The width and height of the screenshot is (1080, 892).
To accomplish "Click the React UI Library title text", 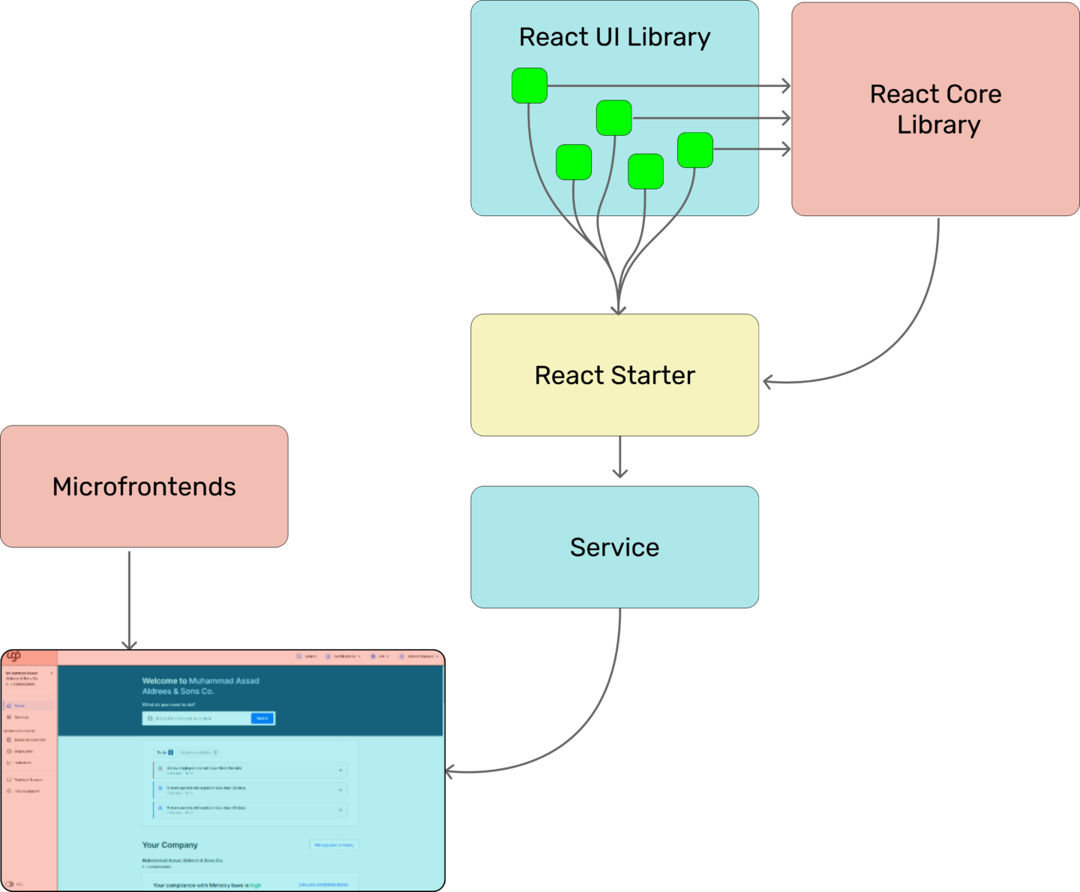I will point(614,38).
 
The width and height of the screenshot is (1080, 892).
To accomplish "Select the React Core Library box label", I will point(935,110).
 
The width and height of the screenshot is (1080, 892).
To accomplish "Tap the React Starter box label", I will point(614,375).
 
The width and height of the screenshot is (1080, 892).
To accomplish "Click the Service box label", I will point(614,548).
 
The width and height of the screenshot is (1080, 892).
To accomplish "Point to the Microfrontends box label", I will point(144,487).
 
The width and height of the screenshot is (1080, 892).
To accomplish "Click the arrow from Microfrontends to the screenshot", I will point(129,600).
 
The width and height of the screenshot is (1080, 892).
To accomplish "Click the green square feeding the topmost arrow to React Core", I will point(529,86).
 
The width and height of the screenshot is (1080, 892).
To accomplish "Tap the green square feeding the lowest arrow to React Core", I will point(695,150).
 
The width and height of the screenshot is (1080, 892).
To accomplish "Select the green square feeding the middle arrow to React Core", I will point(614,118).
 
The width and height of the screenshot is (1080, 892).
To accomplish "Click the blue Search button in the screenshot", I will point(262,719).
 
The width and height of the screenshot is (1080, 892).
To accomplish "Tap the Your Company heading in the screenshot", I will point(170,845).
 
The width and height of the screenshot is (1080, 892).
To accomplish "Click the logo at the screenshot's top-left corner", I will point(13,656).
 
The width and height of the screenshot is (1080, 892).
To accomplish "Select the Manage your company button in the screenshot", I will point(334,845).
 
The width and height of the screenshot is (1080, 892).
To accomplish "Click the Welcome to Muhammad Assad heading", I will point(200,681).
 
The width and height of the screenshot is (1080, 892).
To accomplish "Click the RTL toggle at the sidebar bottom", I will point(10,884).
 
